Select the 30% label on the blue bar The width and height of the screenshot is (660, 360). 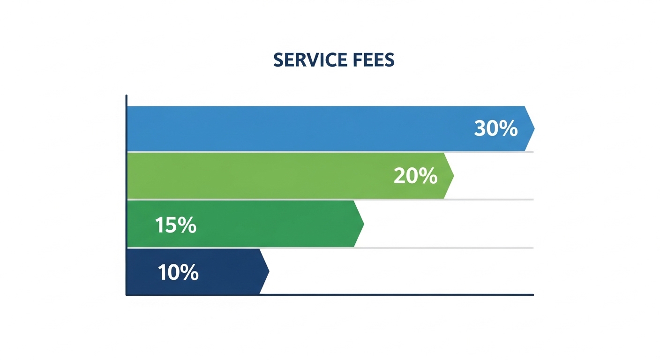[x=495, y=128]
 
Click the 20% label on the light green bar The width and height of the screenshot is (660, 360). [x=415, y=176]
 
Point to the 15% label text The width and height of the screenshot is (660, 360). [x=175, y=225]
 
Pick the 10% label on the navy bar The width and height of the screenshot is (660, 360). [x=178, y=272]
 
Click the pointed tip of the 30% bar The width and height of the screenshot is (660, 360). [x=533, y=128]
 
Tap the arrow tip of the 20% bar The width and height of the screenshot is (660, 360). [x=453, y=176]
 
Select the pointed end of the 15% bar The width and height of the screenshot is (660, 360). [x=363, y=224]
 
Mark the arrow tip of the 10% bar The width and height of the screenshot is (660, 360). [x=268, y=271]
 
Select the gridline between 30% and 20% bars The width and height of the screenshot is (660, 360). [x=492, y=152]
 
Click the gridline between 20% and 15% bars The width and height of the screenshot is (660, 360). [x=492, y=200]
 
